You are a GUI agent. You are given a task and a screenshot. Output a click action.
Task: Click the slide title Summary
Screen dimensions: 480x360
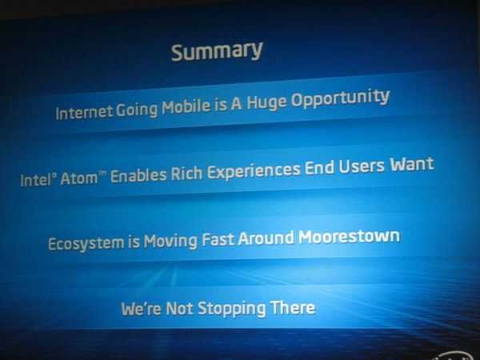(217, 51)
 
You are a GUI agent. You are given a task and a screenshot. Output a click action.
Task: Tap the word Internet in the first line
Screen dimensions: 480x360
(84, 111)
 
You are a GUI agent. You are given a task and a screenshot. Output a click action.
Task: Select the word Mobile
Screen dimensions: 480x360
(186, 106)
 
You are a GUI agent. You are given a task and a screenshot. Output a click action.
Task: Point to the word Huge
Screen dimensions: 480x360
(266, 102)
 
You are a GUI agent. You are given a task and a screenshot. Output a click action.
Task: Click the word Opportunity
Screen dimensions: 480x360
(340, 98)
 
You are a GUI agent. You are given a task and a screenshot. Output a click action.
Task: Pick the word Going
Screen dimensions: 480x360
(137, 110)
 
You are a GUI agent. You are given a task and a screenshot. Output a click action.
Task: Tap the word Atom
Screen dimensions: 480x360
(79, 178)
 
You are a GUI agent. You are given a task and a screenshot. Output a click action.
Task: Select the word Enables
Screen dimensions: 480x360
(138, 176)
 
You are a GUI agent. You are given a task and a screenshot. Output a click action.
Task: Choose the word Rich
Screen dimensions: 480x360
(186, 174)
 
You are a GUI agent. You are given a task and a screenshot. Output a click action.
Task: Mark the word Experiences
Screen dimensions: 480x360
(254, 171)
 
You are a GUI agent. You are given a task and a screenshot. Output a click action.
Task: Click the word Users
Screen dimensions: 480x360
(362, 166)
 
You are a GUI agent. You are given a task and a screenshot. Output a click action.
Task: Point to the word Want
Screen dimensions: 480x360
(412, 164)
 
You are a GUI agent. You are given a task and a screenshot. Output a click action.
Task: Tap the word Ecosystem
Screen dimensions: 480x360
(86, 243)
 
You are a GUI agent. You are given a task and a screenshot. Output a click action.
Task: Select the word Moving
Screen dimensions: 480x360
(170, 241)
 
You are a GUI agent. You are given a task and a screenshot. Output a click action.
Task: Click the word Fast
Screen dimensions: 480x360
(218, 238)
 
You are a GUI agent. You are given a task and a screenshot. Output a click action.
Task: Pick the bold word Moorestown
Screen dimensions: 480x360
(350, 236)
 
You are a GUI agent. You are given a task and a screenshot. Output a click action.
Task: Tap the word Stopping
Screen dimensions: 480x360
(231, 309)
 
